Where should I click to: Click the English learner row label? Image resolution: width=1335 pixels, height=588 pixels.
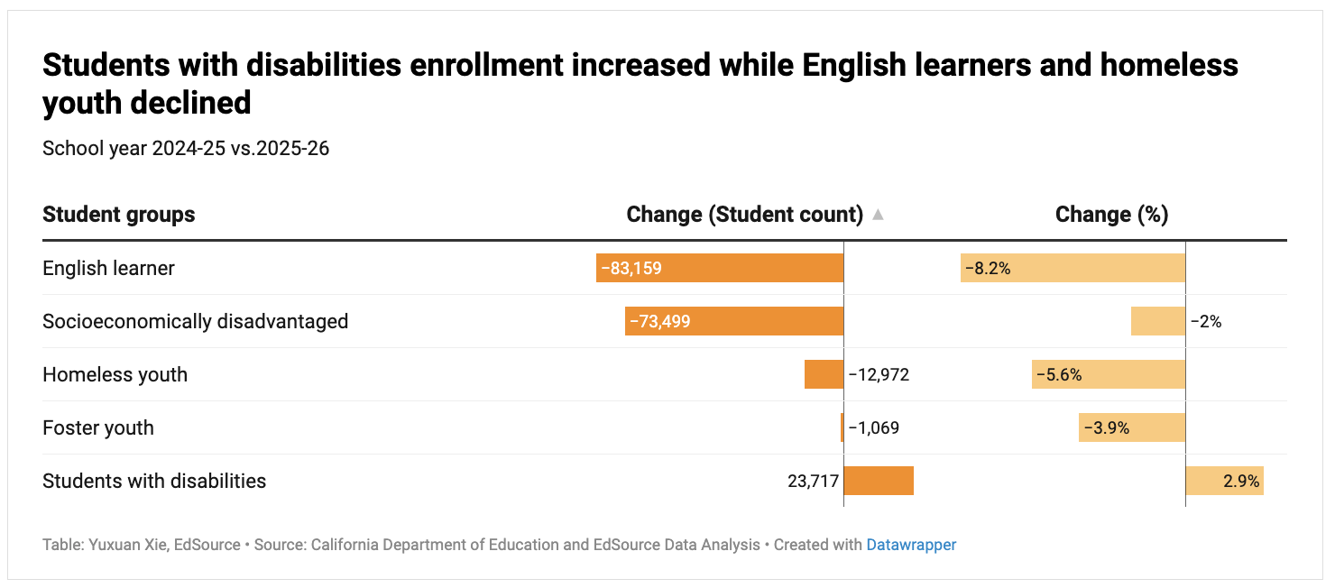108,268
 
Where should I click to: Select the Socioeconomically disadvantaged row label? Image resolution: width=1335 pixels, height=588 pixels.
195,321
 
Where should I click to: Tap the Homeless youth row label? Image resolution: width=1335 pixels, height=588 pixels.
115,374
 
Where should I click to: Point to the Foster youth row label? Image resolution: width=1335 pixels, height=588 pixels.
97,427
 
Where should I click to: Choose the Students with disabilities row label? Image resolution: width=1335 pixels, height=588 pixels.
154,481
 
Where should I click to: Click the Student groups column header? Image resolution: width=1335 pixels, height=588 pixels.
118,215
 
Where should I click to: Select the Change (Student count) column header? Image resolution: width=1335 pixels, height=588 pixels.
745,215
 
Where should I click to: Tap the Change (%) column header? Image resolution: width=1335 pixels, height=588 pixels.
1111,215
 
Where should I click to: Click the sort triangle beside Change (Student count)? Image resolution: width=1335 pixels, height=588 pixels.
878,215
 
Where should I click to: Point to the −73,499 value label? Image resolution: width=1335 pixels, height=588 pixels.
659,321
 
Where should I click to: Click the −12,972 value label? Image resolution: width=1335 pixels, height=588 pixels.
879,374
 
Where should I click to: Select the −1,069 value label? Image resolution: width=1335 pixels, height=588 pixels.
873,427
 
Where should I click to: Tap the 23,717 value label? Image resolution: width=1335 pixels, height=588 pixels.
813,481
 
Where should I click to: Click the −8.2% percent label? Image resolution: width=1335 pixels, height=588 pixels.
988,268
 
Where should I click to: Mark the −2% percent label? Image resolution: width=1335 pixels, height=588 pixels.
1206,321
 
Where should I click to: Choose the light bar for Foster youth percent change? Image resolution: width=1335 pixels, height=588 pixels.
1132,427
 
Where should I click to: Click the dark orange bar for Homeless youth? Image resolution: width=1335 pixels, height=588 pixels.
824,374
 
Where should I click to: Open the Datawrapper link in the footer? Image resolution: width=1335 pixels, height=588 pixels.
911,545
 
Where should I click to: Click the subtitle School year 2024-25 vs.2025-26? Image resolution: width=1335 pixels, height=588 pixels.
186,148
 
